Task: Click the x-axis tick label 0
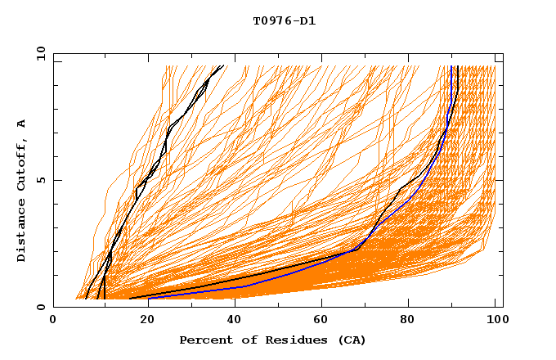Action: (53, 322)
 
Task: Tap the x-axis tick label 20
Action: (142, 322)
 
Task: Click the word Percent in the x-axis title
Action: (202, 340)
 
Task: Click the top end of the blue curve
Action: (451, 66)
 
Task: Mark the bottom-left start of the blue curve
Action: (149, 298)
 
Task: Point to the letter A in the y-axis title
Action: (22, 124)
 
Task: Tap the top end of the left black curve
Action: (222, 66)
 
